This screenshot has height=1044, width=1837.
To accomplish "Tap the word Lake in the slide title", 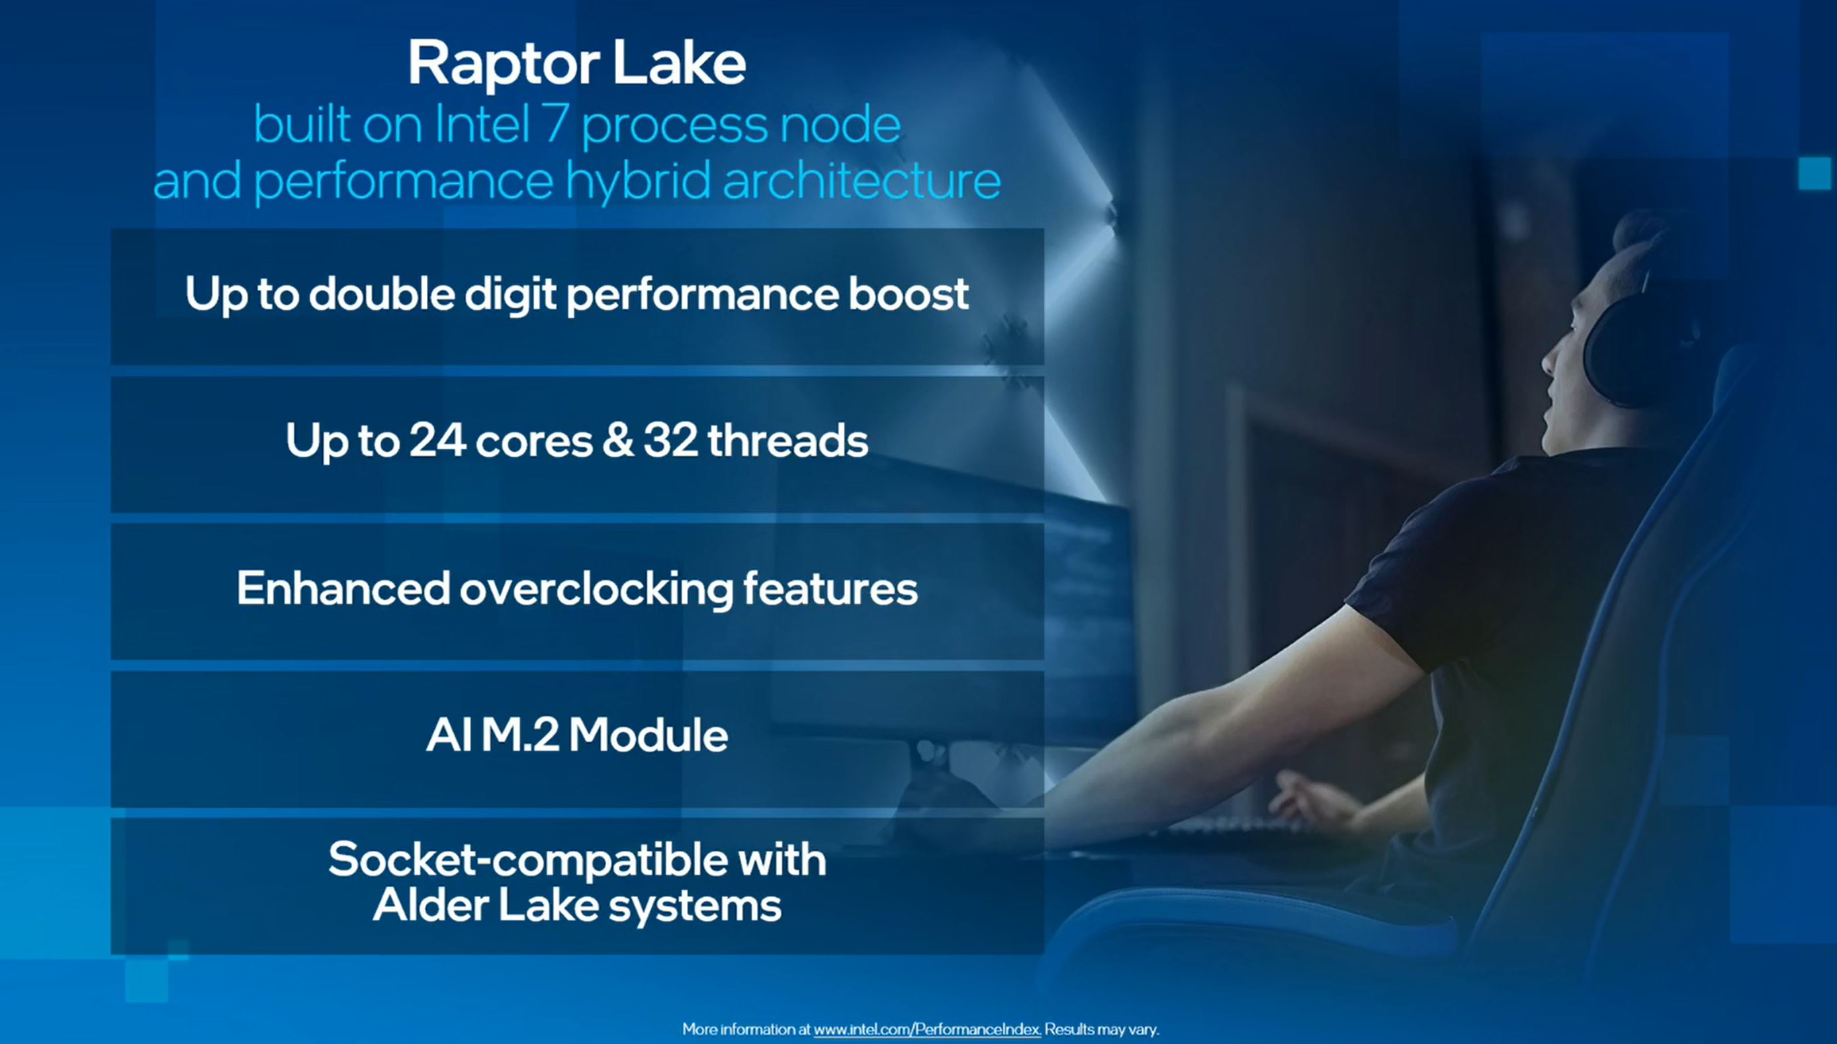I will click(679, 63).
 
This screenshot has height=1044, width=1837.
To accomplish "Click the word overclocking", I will click(596, 589).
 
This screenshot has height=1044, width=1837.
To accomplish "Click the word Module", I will click(649, 735).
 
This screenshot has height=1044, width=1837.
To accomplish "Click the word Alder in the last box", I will click(430, 905).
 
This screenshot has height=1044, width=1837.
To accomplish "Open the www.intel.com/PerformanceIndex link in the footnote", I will click(926, 1029).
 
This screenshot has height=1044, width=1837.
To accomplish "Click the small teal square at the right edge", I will click(1814, 173).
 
